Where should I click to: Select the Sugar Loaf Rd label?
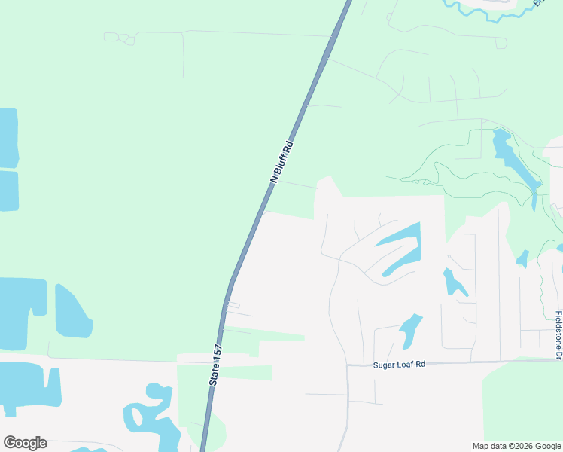click(x=399, y=364)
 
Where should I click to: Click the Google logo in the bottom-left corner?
click(x=25, y=443)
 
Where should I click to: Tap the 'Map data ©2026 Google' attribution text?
click(x=517, y=446)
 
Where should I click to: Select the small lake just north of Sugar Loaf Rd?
click(x=410, y=330)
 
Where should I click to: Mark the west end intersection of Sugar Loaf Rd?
click(x=347, y=366)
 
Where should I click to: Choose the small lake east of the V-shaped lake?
click(x=453, y=282)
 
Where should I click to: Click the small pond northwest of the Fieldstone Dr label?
click(x=522, y=259)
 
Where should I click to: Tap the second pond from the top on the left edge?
click(x=8, y=191)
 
